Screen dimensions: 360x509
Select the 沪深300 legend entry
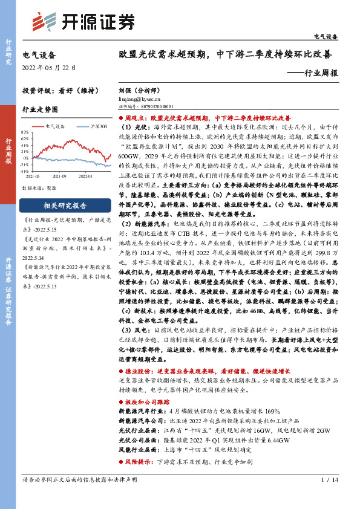[x=99, y=127]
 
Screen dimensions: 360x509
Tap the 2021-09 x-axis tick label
[x=60, y=176]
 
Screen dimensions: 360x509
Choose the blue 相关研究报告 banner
[x=64, y=205]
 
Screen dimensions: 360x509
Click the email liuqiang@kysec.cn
[x=140, y=97]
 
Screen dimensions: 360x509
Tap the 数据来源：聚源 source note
[x=39, y=188]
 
